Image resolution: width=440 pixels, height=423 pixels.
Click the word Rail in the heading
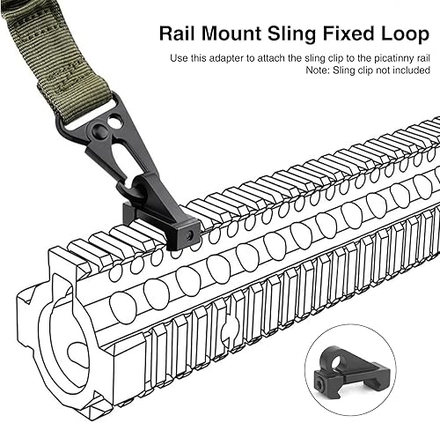178,34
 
